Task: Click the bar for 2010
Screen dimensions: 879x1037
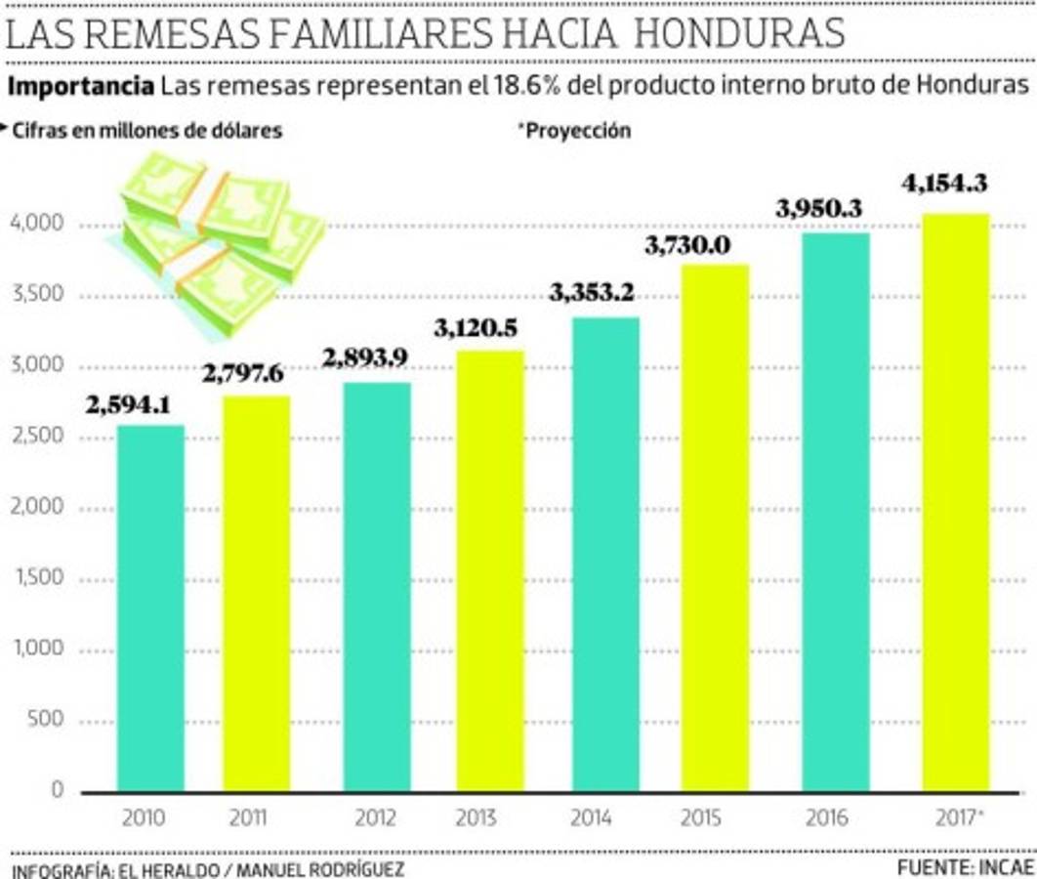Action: click(150, 607)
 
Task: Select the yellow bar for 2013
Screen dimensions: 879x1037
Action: click(489, 570)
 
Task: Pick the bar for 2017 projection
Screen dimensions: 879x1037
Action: click(955, 502)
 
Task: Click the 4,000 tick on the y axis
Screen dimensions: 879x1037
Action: click(36, 225)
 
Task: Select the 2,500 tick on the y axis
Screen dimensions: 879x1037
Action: click(36, 437)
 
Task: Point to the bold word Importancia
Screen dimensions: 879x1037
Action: click(80, 86)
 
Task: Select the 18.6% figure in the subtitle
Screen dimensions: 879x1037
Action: click(526, 86)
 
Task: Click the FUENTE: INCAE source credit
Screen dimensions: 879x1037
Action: click(964, 866)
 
